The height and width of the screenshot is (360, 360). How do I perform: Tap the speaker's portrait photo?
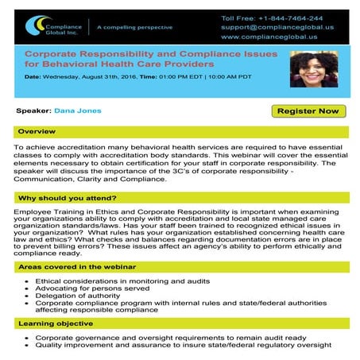pos(312,69)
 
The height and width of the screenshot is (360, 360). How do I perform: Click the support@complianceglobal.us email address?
pos(278,27)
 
